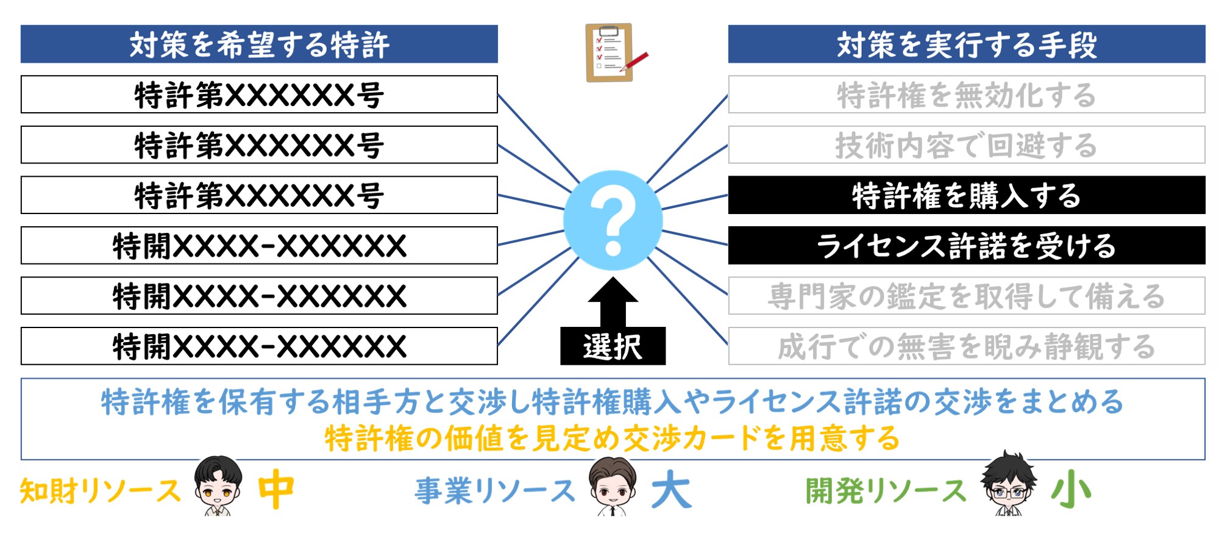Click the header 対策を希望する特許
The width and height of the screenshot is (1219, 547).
259,44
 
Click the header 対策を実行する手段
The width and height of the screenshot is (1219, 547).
967,44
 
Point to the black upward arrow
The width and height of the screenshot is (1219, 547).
613,302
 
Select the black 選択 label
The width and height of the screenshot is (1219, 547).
613,346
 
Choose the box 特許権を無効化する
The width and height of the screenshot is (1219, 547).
967,95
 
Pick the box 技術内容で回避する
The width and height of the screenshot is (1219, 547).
967,145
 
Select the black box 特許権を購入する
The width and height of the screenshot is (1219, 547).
967,195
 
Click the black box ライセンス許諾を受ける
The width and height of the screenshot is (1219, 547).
967,245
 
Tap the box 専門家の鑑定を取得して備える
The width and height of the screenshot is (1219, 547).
967,296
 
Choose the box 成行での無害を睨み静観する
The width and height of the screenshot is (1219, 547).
967,346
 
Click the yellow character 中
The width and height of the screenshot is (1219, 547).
276,489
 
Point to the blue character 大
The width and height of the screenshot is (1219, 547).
672,489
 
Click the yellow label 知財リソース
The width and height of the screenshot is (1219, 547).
101,491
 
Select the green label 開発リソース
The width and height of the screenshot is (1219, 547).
886,491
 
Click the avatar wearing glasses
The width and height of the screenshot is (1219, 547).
1009,483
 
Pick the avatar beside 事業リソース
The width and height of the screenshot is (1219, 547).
613,486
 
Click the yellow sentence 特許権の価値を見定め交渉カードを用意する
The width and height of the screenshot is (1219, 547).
613,438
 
